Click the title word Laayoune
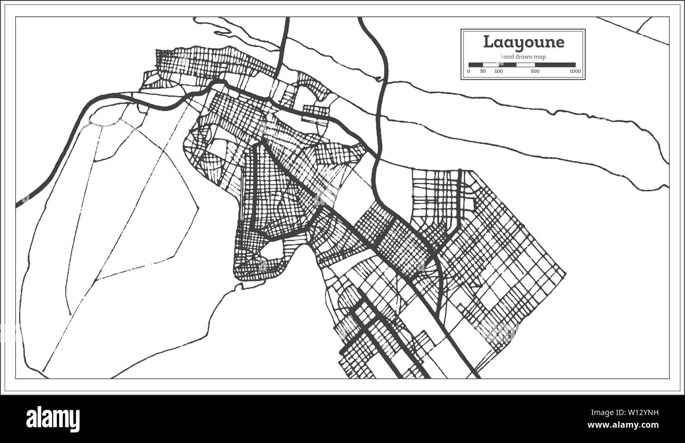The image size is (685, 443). pyautogui.click(x=523, y=42)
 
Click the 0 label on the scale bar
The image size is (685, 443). pyautogui.click(x=469, y=71)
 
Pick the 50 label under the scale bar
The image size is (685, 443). pyautogui.click(x=483, y=71)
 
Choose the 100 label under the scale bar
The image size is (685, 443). pyautogui.click(x=498, y=71)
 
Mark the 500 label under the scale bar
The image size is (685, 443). pyautogui.click(x=535, y=71)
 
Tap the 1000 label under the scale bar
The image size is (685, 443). pyautogui.click(x=575, y=71)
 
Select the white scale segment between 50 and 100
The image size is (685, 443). pyautogui.click(x=491, y=65)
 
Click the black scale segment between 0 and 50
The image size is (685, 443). pyautogui.click(x=476, y=65)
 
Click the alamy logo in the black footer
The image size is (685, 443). pyautogui.click(x=53, y=419)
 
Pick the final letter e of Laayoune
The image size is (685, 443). pyautogui.click(x=559, y=43)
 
